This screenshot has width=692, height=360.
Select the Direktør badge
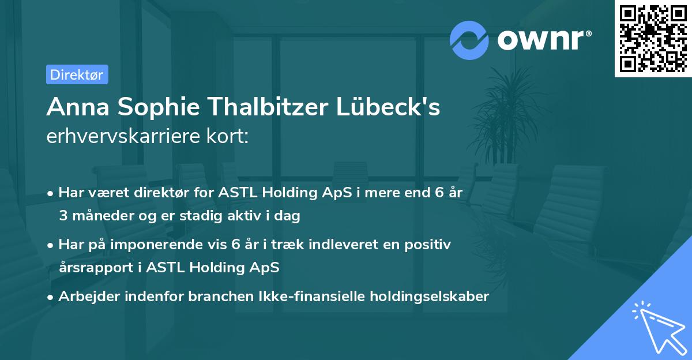[77, 74]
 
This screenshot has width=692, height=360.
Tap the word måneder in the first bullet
[100, 216]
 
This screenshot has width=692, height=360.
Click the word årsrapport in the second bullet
[95, 268]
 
